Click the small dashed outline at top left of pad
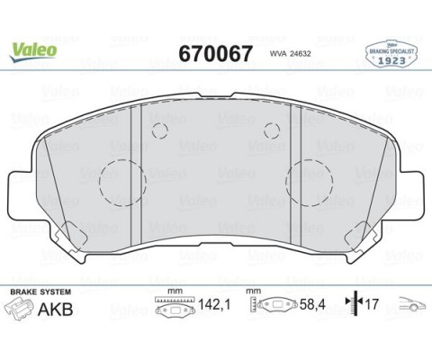pos(160,129)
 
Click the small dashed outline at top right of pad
pos(271,129)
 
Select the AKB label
pos(56,311)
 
